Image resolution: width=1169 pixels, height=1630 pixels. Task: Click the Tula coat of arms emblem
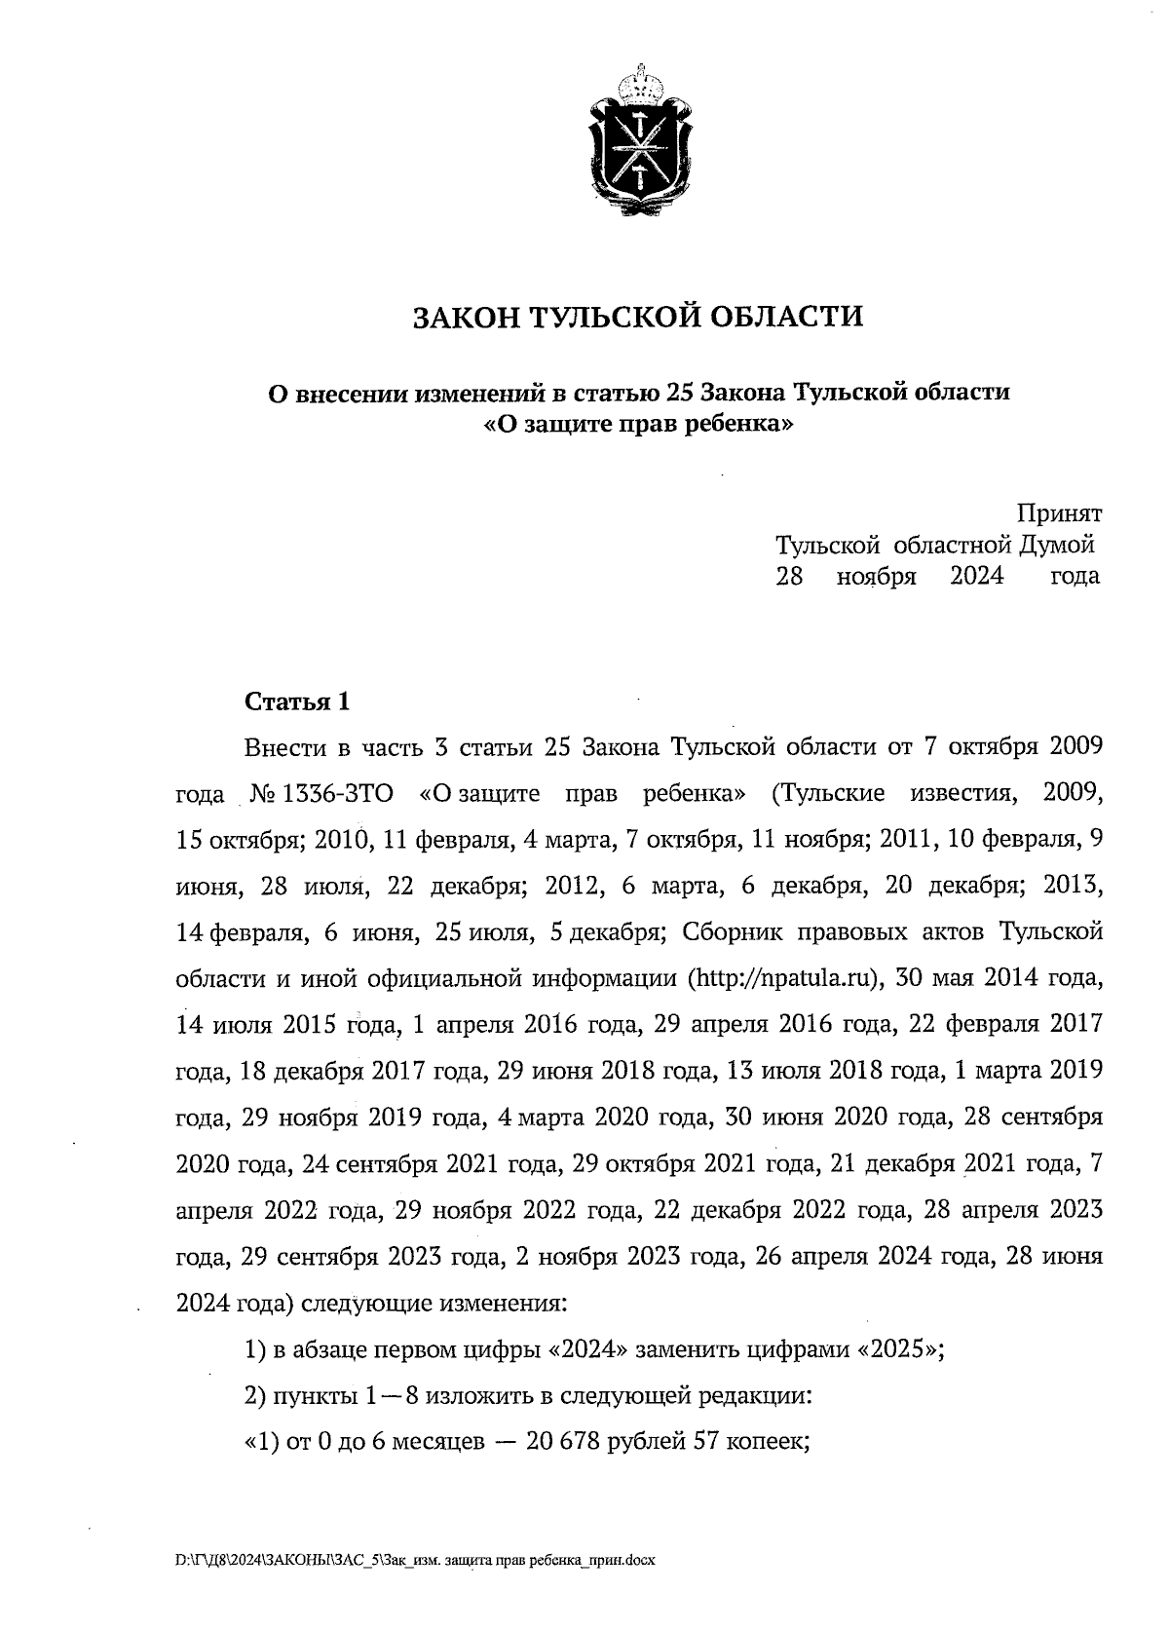click(x=640, y=146)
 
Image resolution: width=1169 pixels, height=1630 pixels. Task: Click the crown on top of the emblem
click(x=640, y=80)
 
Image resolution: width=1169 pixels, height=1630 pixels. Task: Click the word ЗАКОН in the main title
click(x=465, y=318)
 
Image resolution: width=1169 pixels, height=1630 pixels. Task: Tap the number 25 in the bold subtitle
click(x=679, y=394)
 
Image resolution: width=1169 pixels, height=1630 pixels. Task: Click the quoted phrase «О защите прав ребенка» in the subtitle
click(x=639, y=425)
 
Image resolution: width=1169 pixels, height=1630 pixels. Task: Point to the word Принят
click(x=1059, y=513)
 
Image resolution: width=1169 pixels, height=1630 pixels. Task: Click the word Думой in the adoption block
click(x=1058, y=545)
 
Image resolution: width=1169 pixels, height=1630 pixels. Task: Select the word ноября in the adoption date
click(x=876, y=576)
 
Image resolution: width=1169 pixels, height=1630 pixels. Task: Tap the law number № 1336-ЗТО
click(x=321, y=793)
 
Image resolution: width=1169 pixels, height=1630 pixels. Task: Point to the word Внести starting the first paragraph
click(x=284, y=747)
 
